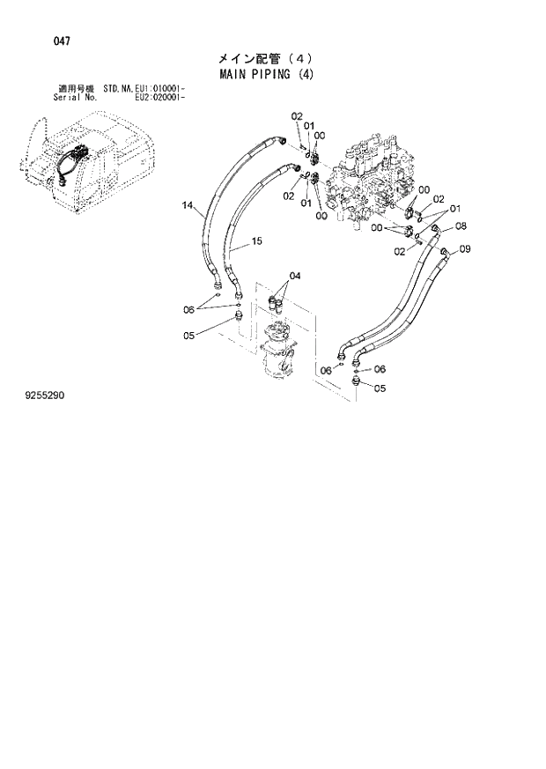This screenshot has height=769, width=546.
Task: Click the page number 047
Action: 38,41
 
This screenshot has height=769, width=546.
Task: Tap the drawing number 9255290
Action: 44,396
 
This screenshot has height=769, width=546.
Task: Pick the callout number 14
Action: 187,206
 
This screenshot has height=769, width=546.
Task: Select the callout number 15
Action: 257,240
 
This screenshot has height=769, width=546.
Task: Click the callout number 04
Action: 294,276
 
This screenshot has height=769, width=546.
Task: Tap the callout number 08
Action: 461,226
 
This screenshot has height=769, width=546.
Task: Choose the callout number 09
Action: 465,248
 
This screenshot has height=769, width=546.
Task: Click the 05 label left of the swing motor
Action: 188,335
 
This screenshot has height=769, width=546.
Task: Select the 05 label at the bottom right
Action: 380,388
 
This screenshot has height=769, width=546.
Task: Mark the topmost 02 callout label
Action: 296,116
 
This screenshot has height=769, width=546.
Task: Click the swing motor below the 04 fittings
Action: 279,352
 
